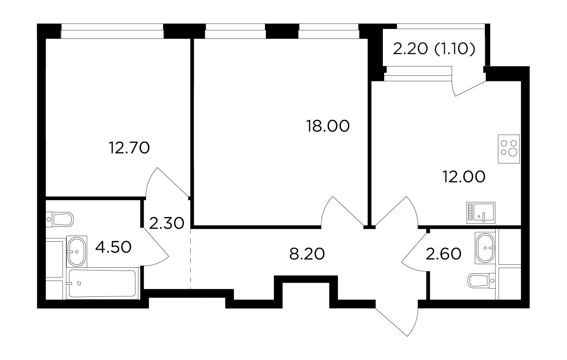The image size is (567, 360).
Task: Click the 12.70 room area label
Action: [x=130, y=148]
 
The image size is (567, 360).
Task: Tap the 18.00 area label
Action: [x=328, y=126]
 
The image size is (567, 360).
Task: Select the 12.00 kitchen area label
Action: [x=464, y=177]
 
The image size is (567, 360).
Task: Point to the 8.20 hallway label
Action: [x=307, y=254]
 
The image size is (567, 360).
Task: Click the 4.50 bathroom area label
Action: [x=113, y=247]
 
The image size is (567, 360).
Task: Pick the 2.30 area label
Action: [x=167, y=223]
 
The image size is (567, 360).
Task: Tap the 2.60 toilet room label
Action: [x=444, y=254]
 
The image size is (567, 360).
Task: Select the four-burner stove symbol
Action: [x=509, y=149]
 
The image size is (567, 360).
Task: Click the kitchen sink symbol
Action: [x=481, y=213]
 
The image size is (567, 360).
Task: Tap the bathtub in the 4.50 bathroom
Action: [x=102, y=283]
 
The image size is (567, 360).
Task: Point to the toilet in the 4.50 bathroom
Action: [x=60, y=219]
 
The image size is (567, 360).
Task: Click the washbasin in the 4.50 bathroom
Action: [x=77, y=251]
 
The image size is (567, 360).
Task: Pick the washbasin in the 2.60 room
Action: [x=485, y=248]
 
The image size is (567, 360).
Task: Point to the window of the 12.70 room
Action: [x=112, y=31]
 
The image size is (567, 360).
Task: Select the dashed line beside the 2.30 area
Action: [x=190, y=259]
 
